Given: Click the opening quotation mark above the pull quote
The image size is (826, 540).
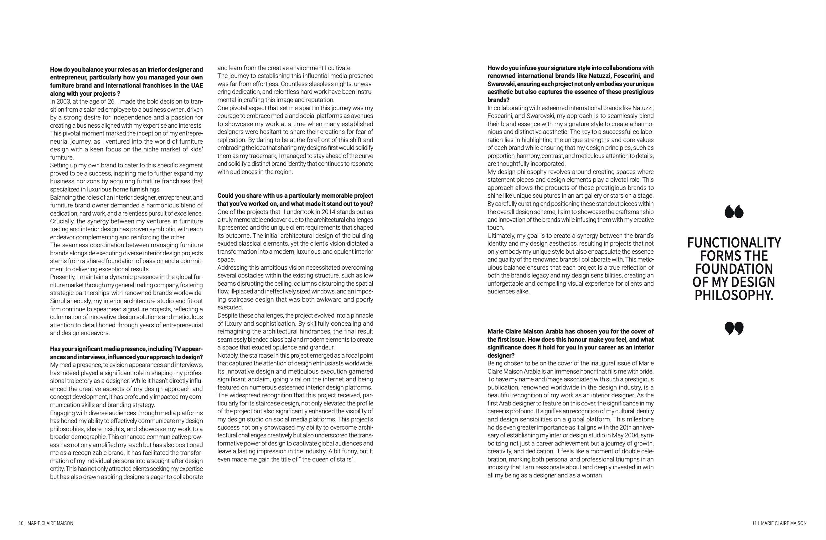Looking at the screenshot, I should [x=734, y=211].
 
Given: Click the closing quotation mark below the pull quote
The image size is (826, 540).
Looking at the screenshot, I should [x=734, y=328].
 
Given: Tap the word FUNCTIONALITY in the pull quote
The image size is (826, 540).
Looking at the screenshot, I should [x=734, y=243].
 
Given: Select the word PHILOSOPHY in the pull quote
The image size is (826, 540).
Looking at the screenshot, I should [x=733, y=295].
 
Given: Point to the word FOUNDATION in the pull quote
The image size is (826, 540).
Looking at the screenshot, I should [x=734, y=269].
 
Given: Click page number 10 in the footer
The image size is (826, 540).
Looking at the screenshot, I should [x=21, y=523].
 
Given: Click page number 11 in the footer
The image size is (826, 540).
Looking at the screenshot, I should [x=755, y=523].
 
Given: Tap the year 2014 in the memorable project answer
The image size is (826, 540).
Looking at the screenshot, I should [x=329, y=212].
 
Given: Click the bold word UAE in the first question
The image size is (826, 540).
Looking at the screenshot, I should [x=197, y=86].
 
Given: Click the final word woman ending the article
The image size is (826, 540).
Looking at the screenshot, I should [x=592, y=476].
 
